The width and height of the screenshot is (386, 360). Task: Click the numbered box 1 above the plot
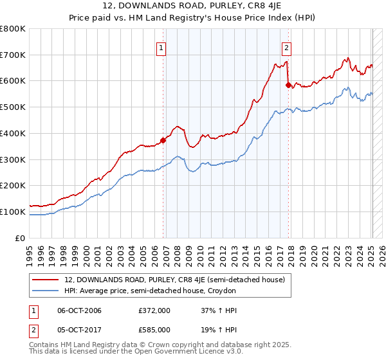[x=161, y=46]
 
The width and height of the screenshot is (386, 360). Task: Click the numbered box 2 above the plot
[x=286, y=46]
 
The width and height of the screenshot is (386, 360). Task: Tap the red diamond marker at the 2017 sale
[x=288, y=84]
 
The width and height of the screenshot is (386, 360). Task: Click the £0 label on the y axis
[x=21, y=238]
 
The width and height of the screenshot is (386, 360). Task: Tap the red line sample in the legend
[x=46, y=280]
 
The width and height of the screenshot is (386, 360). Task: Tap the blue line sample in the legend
[x=46, y=291]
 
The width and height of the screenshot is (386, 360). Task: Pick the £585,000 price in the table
[x=154, y=330]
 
